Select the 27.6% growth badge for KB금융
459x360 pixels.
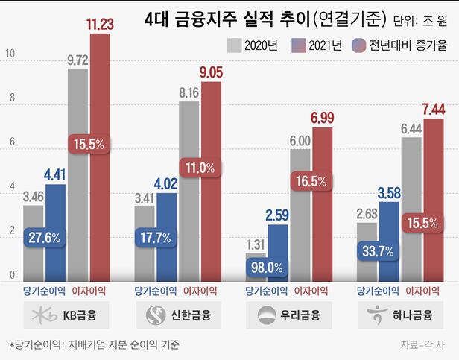45,238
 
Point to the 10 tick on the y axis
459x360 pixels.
10,54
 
